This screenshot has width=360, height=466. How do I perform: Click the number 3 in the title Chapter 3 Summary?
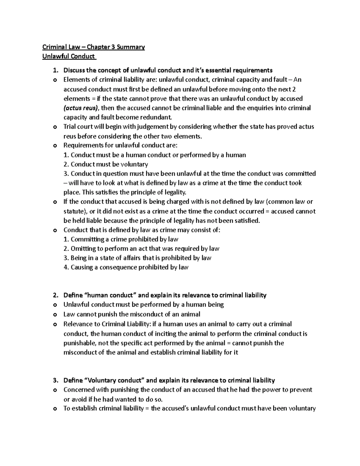tap(113, 47)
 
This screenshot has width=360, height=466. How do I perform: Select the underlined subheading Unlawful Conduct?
tap(68, 56)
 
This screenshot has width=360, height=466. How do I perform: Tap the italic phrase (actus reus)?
tap(81, 108)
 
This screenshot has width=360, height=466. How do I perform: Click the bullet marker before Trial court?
tap(55, 127)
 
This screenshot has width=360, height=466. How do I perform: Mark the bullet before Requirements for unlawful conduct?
tap(55, 146)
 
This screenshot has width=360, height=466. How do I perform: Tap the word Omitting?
tap(81, 249)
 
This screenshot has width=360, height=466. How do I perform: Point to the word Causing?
tap(79, 267)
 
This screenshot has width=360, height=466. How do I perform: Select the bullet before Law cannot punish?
tap(55, 315)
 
